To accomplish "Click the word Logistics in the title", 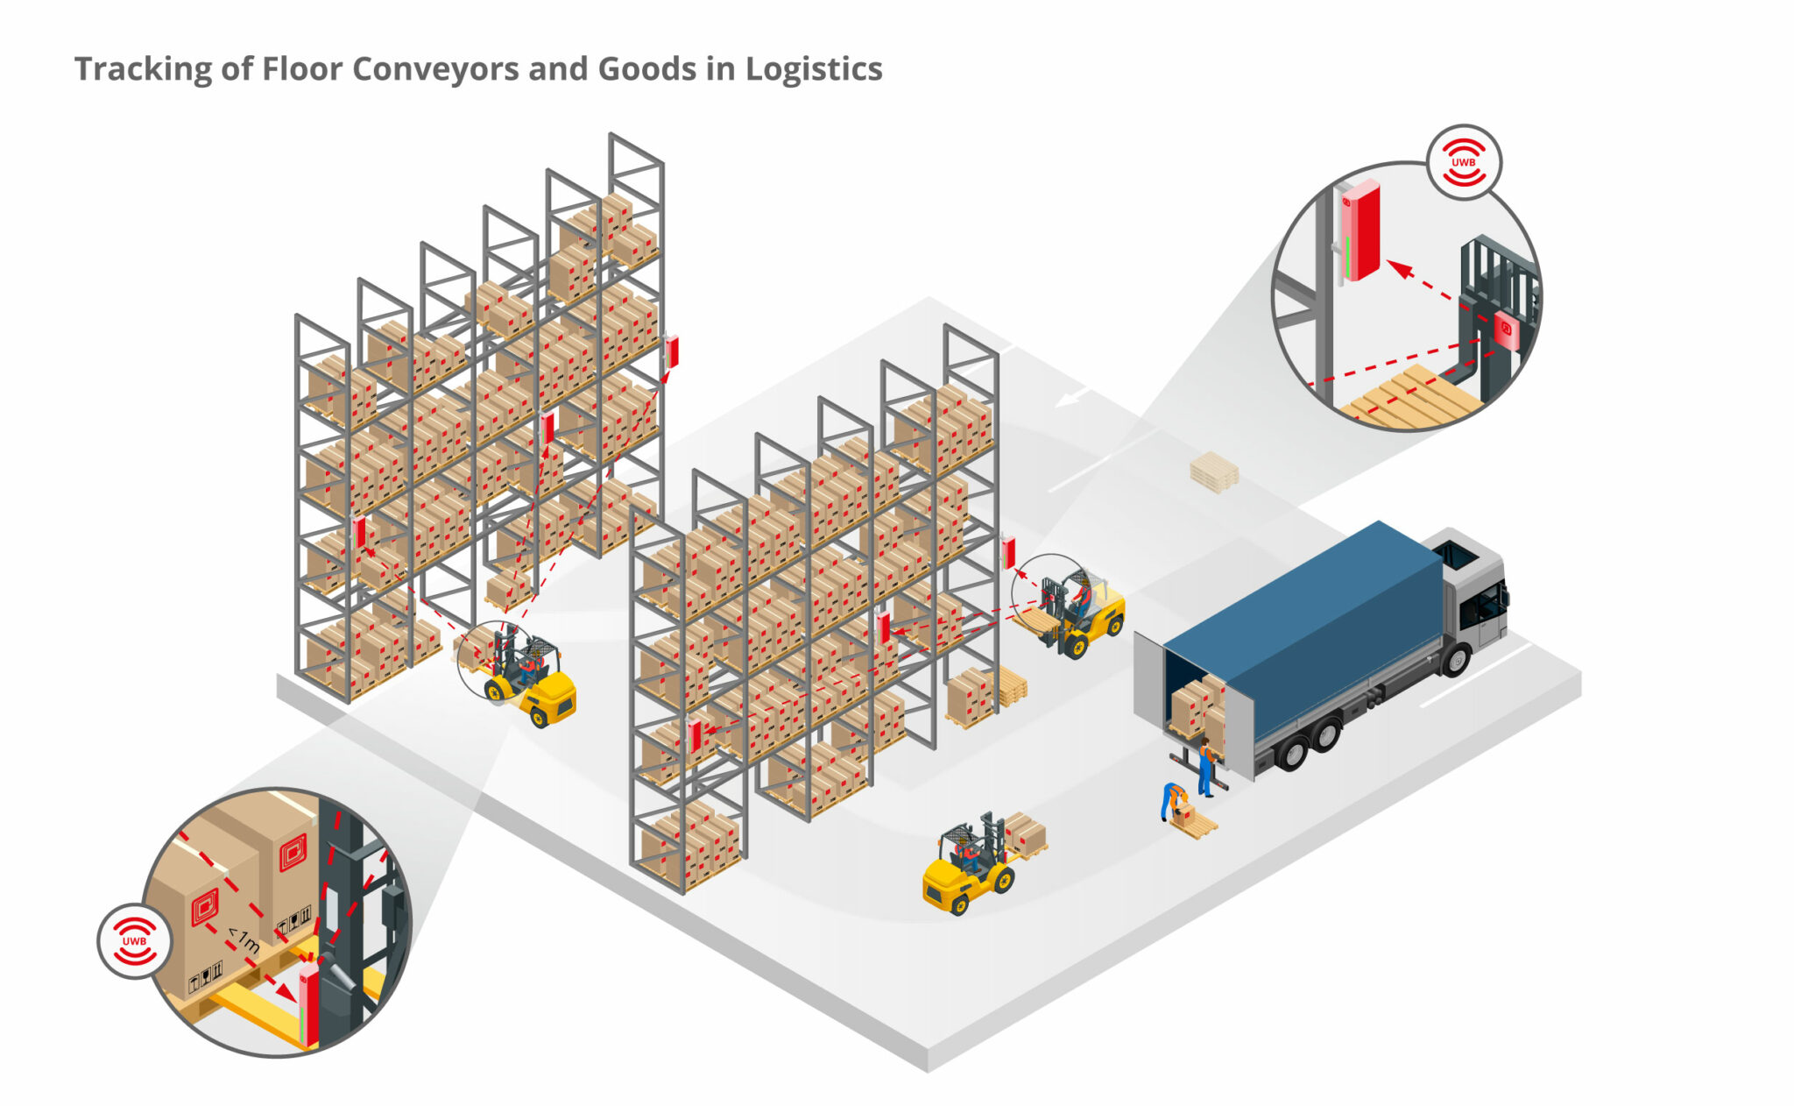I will click(x=814, y=69).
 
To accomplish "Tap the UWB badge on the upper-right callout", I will click(x=1463, y=162).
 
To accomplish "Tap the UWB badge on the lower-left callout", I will click(x=134, y=940).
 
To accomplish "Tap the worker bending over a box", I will click(x=1171, y=798).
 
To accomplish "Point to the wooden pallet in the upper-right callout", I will click(x=1411, y=399).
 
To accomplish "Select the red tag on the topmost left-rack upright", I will click(x=671, y=351).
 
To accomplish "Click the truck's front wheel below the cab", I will click(x=1455, y=659).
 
